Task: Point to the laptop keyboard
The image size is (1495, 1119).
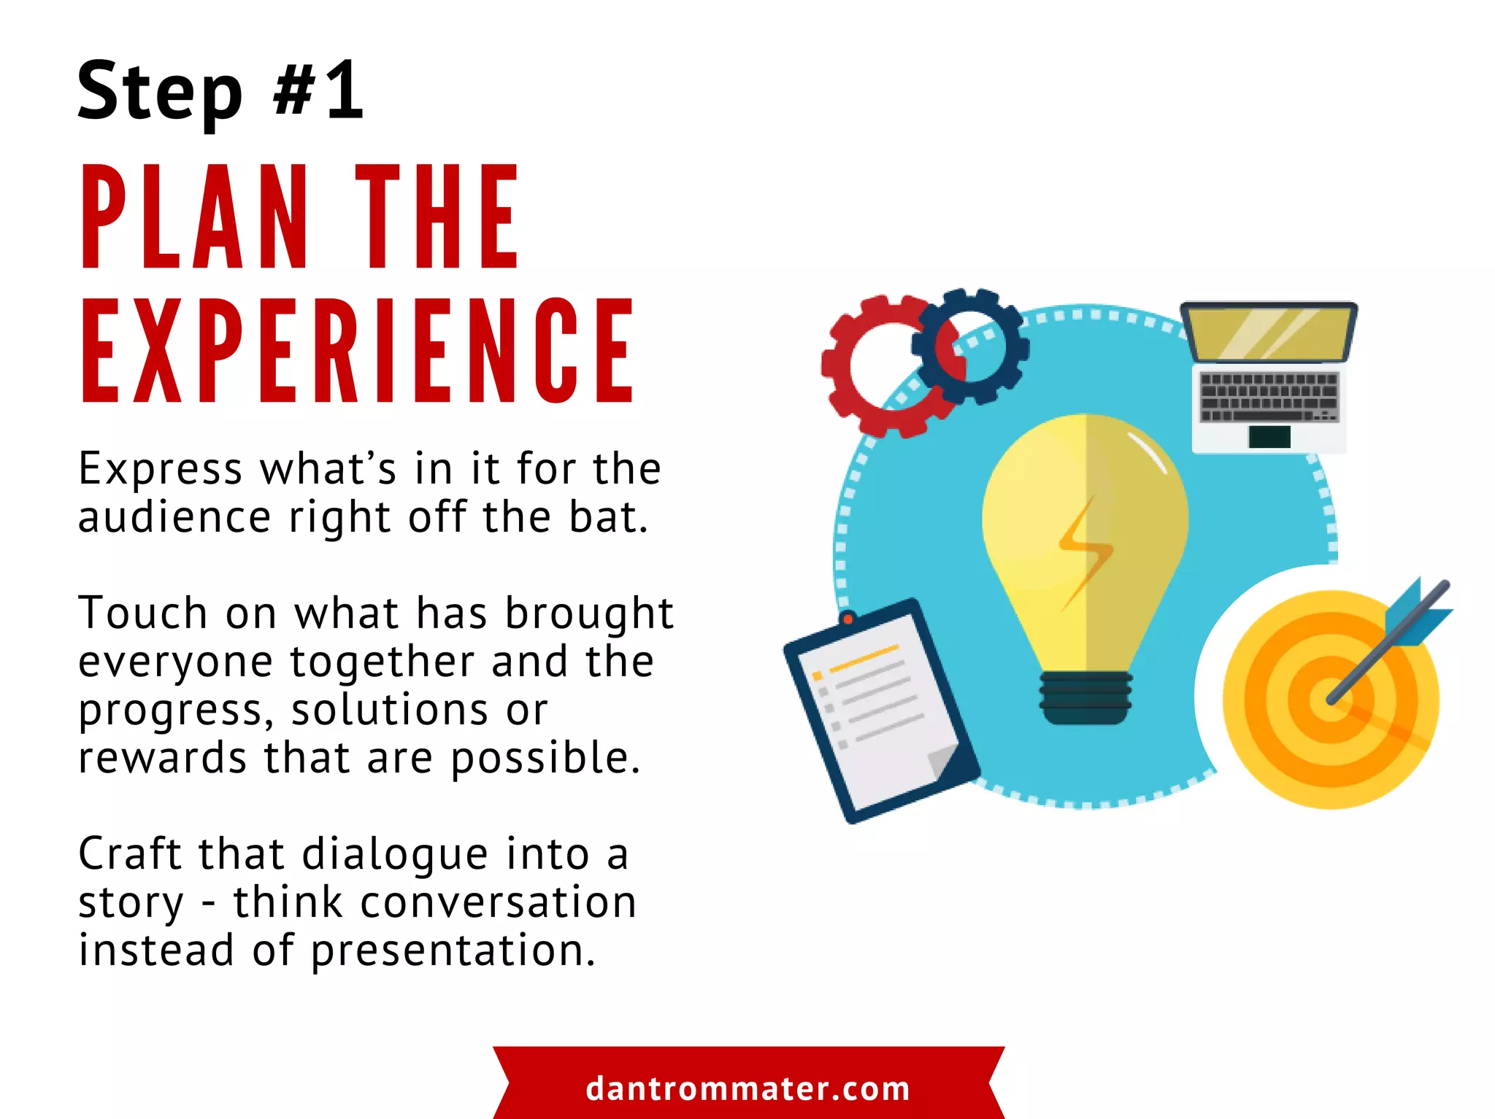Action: point(1269,397)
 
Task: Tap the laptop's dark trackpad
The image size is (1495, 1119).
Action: point(1269,436)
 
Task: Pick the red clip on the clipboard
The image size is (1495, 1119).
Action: point(848,619)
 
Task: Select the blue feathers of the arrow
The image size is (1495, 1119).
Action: point(1416,613)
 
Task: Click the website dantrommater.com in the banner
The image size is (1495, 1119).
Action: point(748,1088)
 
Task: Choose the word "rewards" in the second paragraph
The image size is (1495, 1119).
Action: point(163,758)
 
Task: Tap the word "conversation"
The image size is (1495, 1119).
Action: point(499,902)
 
